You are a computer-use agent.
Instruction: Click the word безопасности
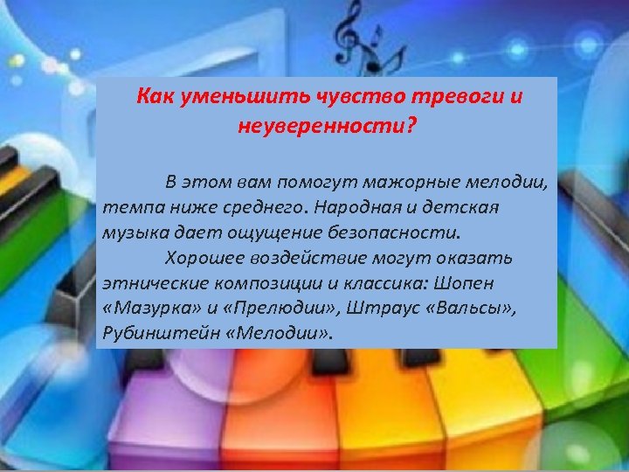[393, 234]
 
